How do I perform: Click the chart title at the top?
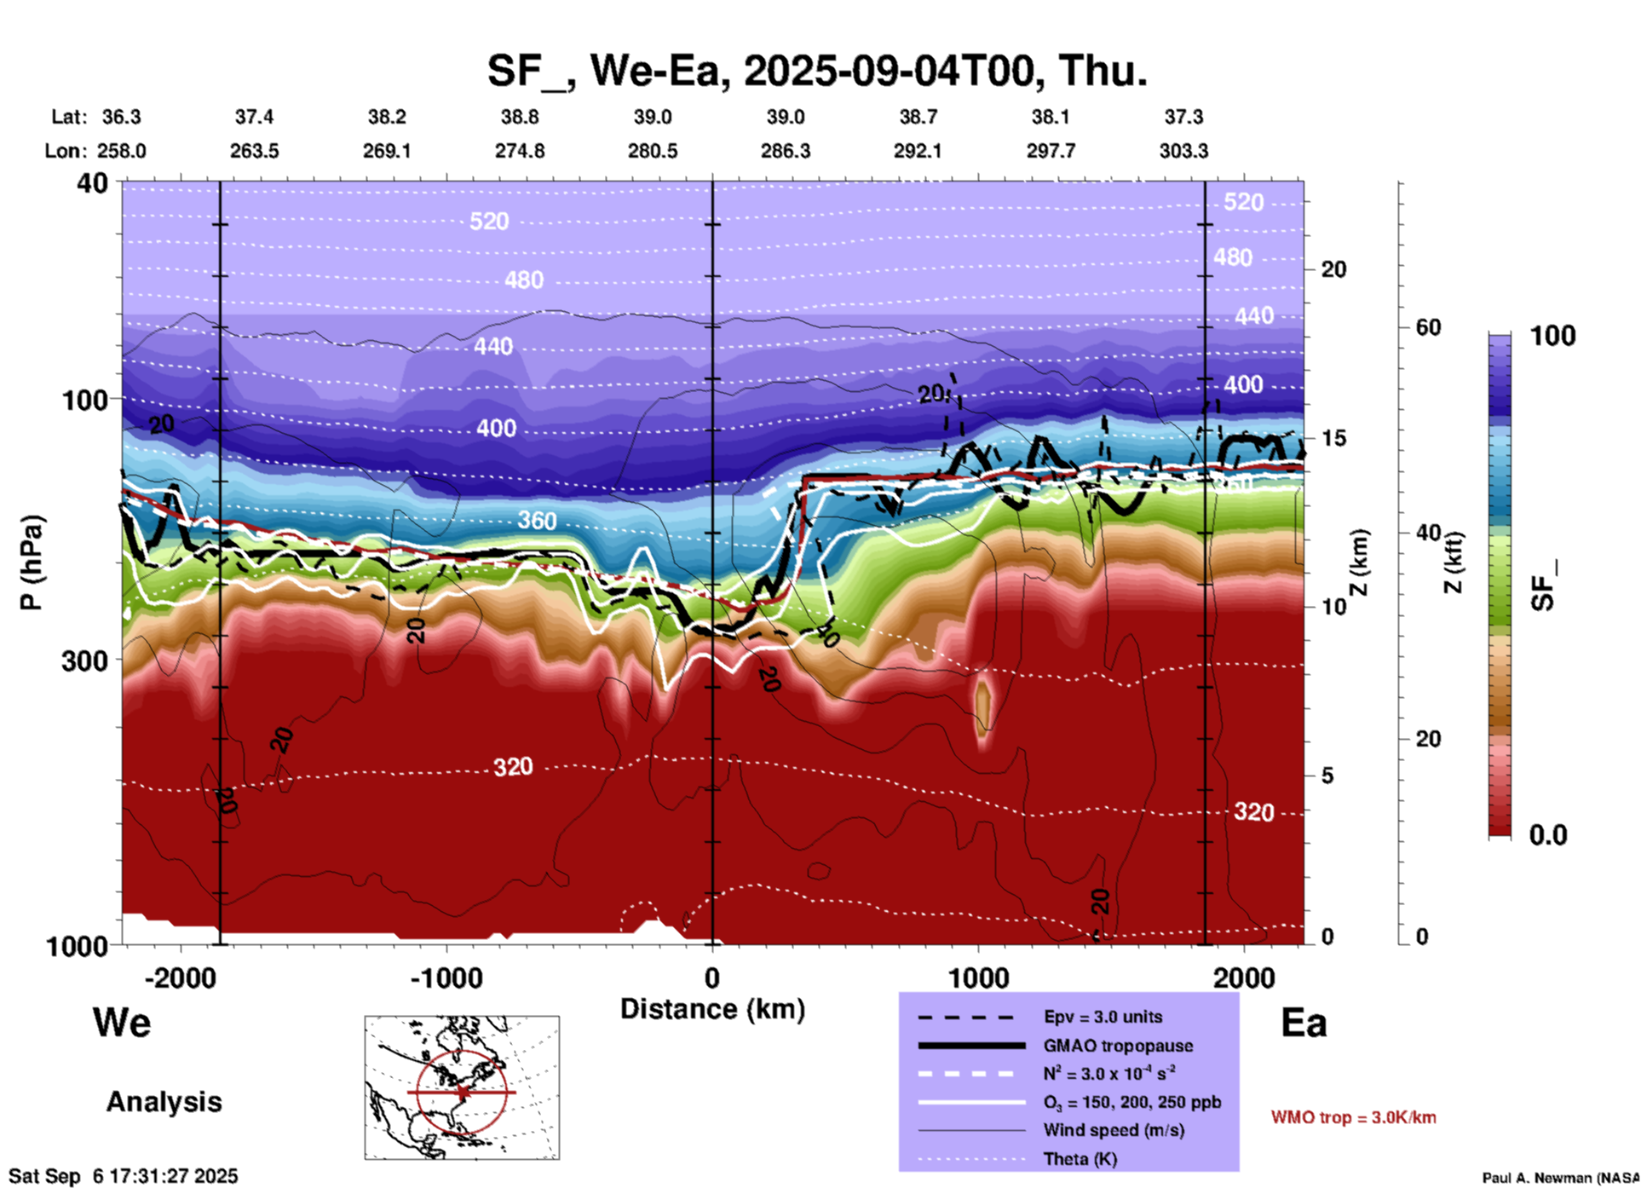pyautogui.click(x=817, y=70)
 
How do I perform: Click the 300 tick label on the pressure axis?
pyautogui.click(x=85, y=660)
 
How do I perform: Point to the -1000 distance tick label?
pyautogui.click(x=446, y=978)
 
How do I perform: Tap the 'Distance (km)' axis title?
pyautogui.click(x=712, y=1009)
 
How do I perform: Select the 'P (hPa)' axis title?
pyautogui.click(x=32, y=562)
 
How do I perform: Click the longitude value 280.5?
pyautogui.click(x=653, y=151)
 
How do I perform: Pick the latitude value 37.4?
pyautogui.click(x=254, y=117)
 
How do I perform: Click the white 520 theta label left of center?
pyautogui.click(x=489, y=222)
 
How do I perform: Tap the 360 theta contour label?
pyautogui.click(x=537, y=520)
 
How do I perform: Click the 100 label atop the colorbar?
pyautogui.click(x=1552, y=336)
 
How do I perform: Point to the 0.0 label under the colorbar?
pyautogui.click(x=1548, y=835)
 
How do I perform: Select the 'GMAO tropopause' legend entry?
pyautogui.click(x=1118, y=1046)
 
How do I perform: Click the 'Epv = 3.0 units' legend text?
pyautogui.click(x=1103, y=1017)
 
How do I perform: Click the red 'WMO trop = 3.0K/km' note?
pyautogui.click(x=1353, y=1117)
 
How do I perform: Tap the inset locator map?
pyautogui.click(x=462, y=1087)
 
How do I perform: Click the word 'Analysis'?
pyautogui.click(x=164, y=1102)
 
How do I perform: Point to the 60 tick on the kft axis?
pyautogui.click(x=1428, y=327)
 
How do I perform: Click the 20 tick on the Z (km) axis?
pyautogui.click(x=1333, y=269)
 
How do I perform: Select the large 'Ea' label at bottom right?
pyautogui.click(x=1304, y=1023)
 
